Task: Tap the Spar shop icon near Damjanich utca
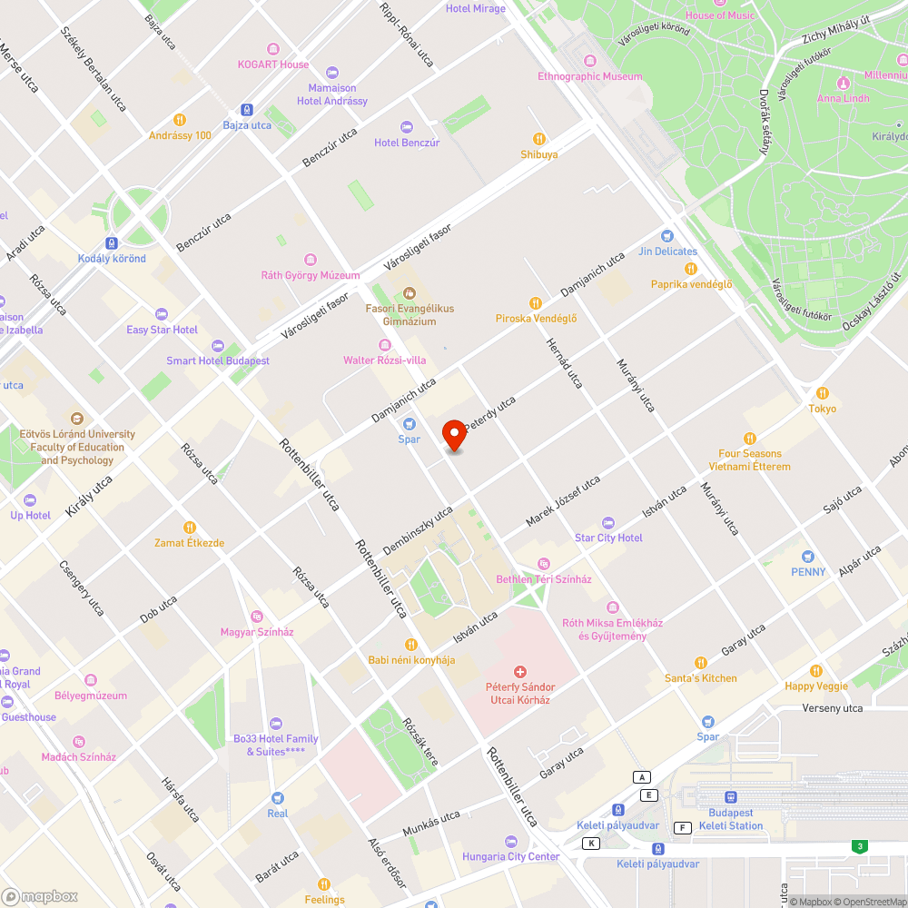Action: pos(409,423)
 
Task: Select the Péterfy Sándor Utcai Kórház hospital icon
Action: pos(519,671)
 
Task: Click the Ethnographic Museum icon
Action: pos(590,61)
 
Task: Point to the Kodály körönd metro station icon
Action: pos(112,243)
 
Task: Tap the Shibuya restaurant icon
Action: pos(539,139)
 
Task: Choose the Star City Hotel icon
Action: pos(608,523)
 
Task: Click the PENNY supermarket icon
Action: pos(808,557)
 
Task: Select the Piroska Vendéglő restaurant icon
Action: pos(536,303)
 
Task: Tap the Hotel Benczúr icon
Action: pos(407,127)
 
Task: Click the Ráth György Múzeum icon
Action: pos(311,260)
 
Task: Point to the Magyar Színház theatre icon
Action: pos(256,617)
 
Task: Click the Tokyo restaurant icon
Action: pos(823,393)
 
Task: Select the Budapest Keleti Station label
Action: pos(731,819)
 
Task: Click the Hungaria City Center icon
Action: pos(510,841)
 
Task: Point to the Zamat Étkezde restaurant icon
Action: pos(189,528)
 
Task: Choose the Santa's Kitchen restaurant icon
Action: pos(700,663)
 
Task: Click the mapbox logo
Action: pos(41,896)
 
